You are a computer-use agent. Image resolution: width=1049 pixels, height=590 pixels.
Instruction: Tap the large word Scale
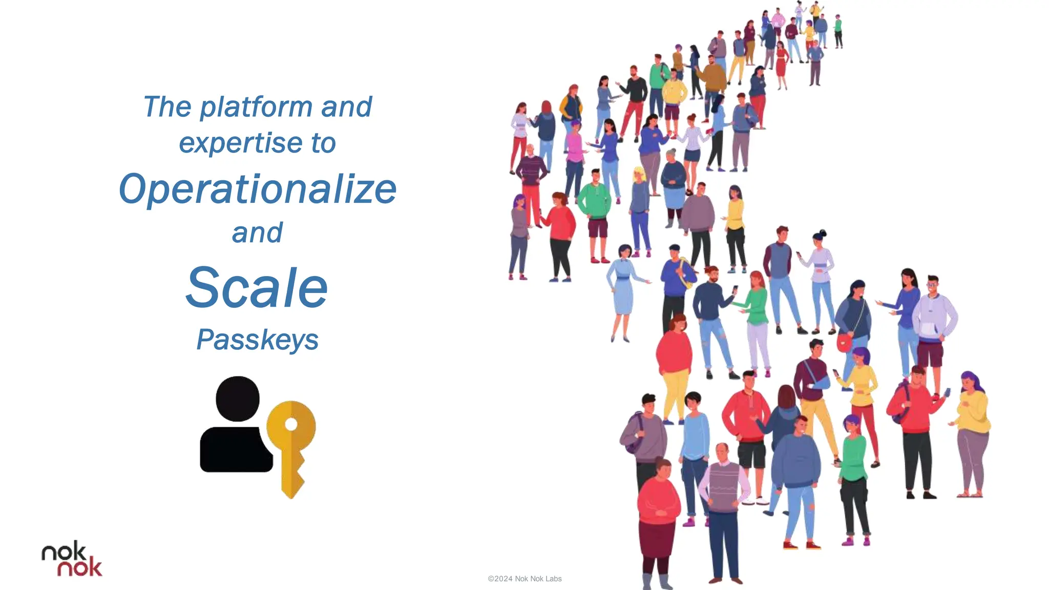(x=257, y=288)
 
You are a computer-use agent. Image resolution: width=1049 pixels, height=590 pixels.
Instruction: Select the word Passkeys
(x=257, y=340)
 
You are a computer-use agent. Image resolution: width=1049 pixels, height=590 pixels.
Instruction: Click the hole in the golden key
(x=291, y=425)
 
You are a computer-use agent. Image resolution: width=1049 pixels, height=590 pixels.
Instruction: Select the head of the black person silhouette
(x=237, y=398)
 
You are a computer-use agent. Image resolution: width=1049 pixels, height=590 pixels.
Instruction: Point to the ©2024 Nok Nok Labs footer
(x=524, y=579)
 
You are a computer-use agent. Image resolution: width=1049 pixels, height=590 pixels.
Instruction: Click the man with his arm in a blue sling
(x=814, y=389)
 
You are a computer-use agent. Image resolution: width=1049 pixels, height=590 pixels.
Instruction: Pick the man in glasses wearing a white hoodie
(x=933, y=323)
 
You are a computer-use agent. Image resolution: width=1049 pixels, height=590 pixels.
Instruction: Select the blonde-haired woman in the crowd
(x=640, y=205)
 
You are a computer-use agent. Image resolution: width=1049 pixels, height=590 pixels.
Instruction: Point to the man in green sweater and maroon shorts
(x=595, y=210)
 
